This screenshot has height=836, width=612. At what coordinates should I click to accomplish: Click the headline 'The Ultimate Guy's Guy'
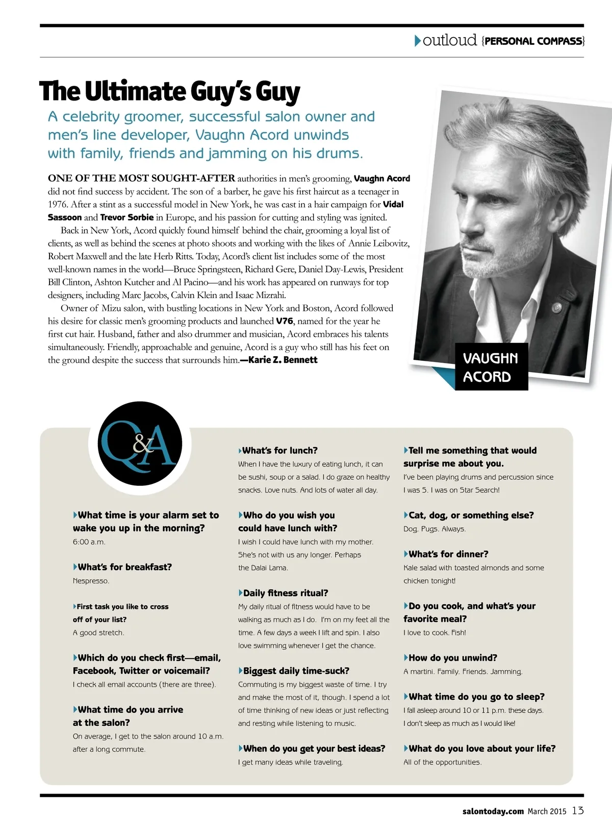point(169,92)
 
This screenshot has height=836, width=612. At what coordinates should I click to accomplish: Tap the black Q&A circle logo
point(140,443)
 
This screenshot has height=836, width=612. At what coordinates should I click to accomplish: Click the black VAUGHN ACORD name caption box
point(491,367)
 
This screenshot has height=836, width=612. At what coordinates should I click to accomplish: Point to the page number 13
point(577,810)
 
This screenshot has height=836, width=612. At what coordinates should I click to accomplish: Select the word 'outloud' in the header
point(449,40)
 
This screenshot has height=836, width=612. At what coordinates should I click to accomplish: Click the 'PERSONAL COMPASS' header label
point(533,41)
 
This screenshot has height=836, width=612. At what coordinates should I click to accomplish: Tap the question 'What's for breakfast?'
point(124,567)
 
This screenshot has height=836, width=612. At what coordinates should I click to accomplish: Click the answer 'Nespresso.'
point(91,581)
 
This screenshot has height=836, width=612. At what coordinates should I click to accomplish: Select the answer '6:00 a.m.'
point(89,542)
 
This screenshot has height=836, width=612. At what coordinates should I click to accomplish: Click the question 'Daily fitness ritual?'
point(285,593)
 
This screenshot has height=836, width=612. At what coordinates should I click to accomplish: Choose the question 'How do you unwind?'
point(452,658)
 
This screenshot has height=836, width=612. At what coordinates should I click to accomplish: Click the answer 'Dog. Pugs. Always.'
point(435,529)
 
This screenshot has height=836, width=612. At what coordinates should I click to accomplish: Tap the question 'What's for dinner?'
point(448,554)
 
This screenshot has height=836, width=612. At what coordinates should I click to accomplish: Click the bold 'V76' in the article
point(285,321)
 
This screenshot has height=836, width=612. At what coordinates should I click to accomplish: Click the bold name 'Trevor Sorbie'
point(127,217)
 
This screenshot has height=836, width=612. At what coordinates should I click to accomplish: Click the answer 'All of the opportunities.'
point(442,763)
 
